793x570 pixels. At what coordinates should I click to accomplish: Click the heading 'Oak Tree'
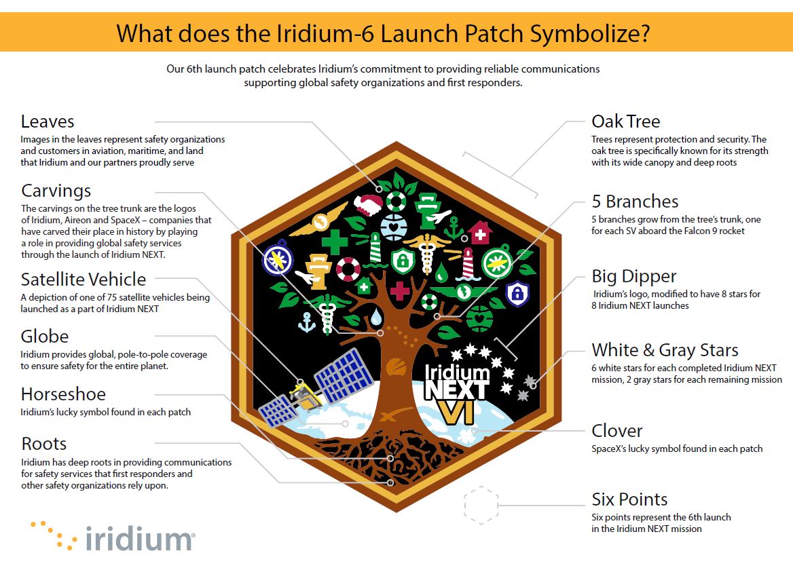click(625, 121)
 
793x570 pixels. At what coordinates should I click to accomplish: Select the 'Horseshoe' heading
click(63, 394)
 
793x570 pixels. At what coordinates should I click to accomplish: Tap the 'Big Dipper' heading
click(634, 276)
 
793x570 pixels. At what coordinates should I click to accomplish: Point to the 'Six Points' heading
click(629, 499)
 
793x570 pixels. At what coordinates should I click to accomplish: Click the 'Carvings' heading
click(56, 191)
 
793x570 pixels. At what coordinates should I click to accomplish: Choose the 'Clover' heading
click(616, 431)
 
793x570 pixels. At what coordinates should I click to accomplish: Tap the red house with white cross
click(480, 232)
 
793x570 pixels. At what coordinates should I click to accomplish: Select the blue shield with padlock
click(517, 292)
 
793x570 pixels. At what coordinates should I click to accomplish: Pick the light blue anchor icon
click(308, 324)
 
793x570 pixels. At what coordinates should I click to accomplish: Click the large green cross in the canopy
click(334, 241)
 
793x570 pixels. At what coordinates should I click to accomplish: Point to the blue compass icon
click(276, 263)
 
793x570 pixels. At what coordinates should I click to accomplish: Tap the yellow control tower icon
click(316, 266)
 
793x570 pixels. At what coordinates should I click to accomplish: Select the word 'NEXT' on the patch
click(456, 389)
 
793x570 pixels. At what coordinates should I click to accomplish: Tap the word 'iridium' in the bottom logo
click(140, 539)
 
